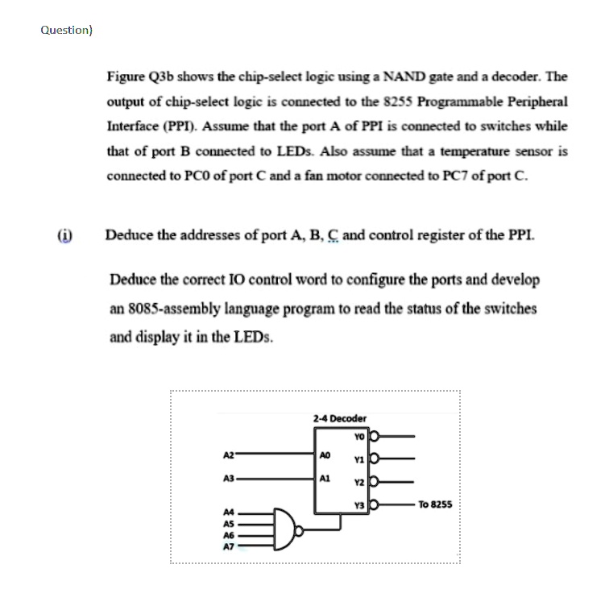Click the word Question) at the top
coord(67,30)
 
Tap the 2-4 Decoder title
coord(339,418)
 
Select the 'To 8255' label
coord(436,504)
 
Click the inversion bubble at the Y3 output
coord(373,505)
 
